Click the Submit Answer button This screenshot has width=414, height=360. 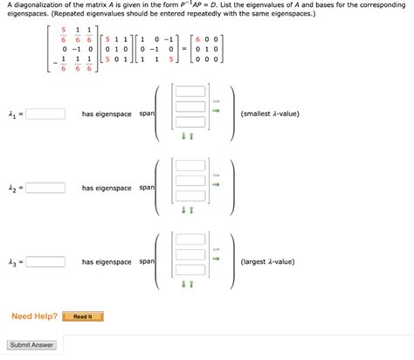pos(31,345)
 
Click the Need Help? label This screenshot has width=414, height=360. pos(35,316)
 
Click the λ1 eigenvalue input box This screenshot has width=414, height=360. pos(45,114)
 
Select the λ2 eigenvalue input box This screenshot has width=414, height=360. pos(45,188)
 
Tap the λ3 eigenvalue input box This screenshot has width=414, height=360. pos(45,262)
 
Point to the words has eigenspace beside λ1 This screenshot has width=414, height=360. pos(107,114)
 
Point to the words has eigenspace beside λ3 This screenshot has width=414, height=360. pos(107,262)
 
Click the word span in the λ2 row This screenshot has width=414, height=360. pos(147,188)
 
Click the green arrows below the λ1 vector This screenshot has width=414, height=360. pos(187,135)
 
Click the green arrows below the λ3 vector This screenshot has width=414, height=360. pos(187,284)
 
